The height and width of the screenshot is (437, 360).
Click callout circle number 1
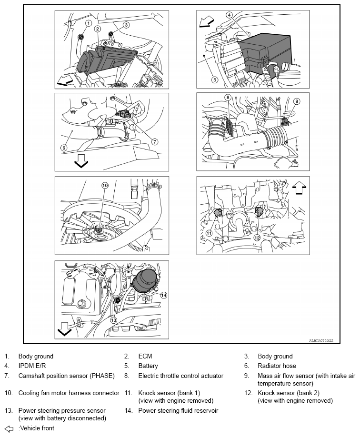tap(88, 23)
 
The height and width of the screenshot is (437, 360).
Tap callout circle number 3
tap(126, 25)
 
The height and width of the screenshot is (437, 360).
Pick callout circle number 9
tap(296, 101)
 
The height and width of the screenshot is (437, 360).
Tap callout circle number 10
tap(105, 185)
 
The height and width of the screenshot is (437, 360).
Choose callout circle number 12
tap(257, 237)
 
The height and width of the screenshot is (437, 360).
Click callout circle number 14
tap(163, 295)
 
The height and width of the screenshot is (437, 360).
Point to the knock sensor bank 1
tap(220, 213)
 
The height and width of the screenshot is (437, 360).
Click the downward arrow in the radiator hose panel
tap(81, 161)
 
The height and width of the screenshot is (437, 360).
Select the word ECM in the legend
tap(145, 356)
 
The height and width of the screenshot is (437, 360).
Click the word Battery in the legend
tap(148, 366)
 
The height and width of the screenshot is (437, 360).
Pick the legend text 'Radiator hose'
tap(277, 366)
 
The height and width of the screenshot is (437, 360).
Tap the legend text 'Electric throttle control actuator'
tap(180, 376)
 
